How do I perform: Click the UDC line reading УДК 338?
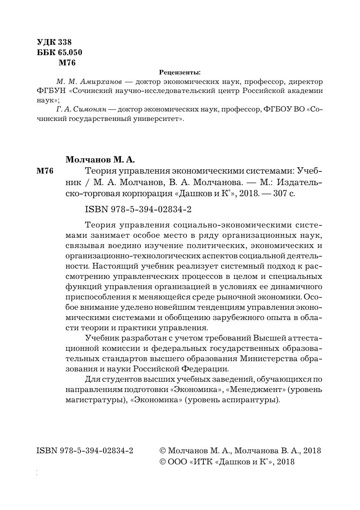(x=54, y=42)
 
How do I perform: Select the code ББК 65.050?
(x=60, y=52)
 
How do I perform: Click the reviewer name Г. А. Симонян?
(x=80, y=110)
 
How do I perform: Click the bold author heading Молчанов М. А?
(x=100, y=159)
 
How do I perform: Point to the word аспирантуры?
(x=254, y=399)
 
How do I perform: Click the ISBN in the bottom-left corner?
(x=85, y=450)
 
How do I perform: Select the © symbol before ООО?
(x=162, y=461)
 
